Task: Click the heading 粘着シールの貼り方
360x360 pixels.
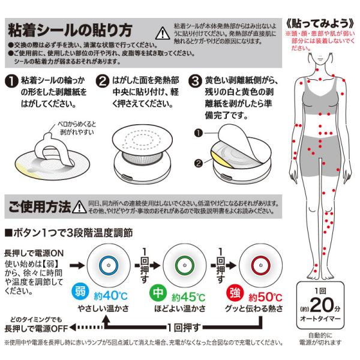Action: point(70,31)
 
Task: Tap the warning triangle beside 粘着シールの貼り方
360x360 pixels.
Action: point(163,33)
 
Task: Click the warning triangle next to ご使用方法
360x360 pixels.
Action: point(79,206)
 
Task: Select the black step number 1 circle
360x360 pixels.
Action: point(11,81)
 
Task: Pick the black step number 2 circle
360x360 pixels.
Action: point(103,81)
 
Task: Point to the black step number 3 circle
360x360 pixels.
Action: point(195,81)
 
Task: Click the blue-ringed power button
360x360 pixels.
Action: point(109,265)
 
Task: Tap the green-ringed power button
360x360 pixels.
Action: point(185,265)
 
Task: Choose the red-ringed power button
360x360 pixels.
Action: point(260,265)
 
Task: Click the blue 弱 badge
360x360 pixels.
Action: point(80,292)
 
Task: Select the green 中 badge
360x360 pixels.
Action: point(158,293)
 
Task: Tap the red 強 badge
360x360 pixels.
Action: point(235,293)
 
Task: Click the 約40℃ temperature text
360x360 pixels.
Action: point(110,296)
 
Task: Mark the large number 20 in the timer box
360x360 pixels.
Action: point(322,305)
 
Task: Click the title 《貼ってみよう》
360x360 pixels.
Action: point(320,23)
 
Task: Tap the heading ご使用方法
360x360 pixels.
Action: point(40,207)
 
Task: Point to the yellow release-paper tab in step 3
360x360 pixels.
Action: point(220,160)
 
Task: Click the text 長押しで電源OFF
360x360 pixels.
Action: point(36,329)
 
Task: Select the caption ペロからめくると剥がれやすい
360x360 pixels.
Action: point(77,128)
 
